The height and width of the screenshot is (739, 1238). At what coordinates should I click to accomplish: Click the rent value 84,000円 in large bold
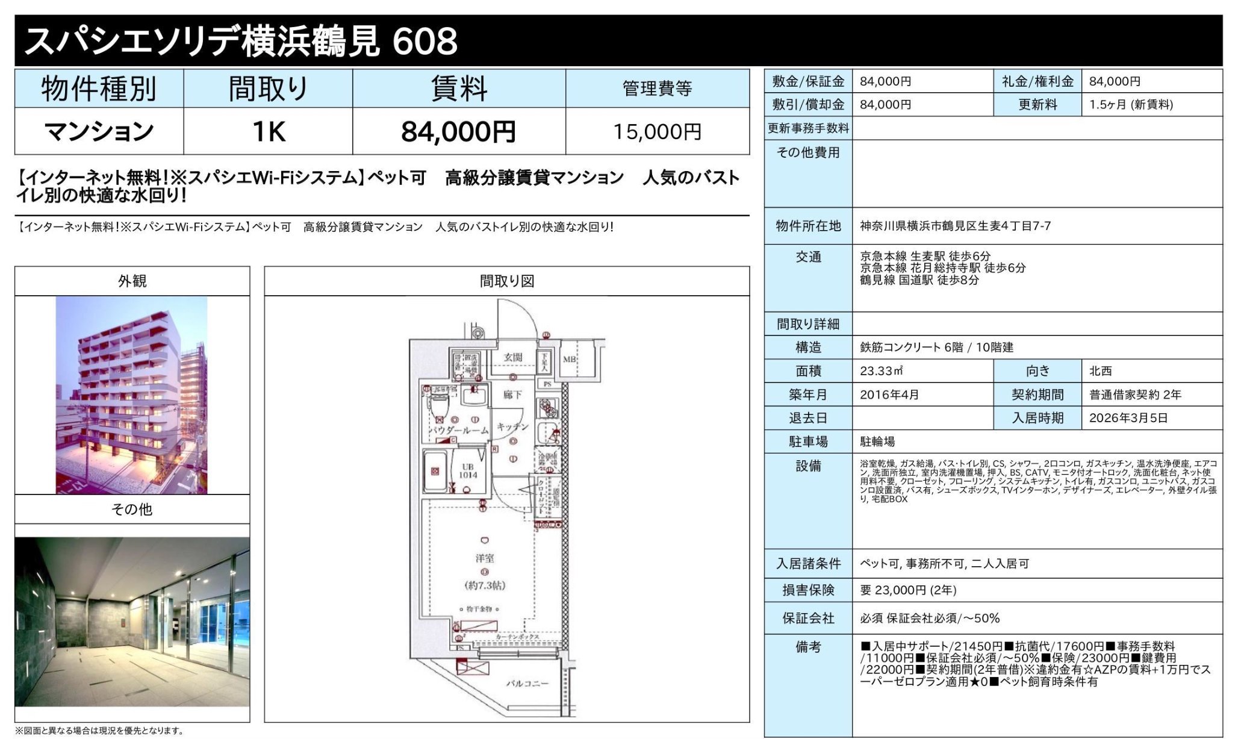pyautogui.click(x=458, y=131)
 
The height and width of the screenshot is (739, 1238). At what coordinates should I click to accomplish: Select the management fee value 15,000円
pyautogui.click(x=657, y=131)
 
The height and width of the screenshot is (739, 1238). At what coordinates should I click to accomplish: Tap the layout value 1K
pyautogui.click(x=268, y=131)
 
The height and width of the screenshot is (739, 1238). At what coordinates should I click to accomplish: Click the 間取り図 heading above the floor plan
pyautogui.click(x=506, y=281)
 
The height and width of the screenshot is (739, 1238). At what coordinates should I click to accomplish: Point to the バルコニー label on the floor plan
pyautogui.click(x=527, y=684)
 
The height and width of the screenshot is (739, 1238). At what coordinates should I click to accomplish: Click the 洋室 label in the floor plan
pyautogui.click(x=485, y=558)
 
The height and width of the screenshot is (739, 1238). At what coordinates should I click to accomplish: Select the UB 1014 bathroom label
pyautogui.click(x=468, y=471)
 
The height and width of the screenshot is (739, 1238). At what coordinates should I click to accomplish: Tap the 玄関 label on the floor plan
pyautogui.click(x=513, y=357)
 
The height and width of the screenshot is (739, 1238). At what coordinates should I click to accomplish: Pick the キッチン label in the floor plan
pyautogui.click(x=512, y=426)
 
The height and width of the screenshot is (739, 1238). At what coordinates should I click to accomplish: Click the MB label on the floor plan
pyautogui.click(x=569, y=359)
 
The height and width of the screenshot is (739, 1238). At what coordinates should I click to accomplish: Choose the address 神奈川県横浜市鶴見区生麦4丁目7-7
pyautogui.click(x=955, y=226)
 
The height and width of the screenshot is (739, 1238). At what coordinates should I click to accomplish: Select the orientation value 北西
pyautogui.click(x=1100, y=371)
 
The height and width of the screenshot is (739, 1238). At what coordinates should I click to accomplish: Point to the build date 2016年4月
pyautogui.click(x=889, y=394)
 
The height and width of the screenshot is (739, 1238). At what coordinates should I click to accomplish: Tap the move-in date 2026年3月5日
pyautogui.click(x=1128, y=418)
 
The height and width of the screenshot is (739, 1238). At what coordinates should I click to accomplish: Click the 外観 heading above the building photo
pyautogui.click(x=132, y=281)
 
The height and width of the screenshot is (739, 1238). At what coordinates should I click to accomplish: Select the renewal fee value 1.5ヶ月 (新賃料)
pyautogui.click(x=1131, y=105)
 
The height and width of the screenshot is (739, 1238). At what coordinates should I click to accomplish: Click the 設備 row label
pyautogui.click(x=808, y=466)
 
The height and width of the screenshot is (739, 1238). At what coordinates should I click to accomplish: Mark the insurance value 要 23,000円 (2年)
pyautogui.click(x=908, y=590)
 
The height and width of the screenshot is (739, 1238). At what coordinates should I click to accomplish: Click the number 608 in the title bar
pyautogui.click(x=425, y=41)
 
